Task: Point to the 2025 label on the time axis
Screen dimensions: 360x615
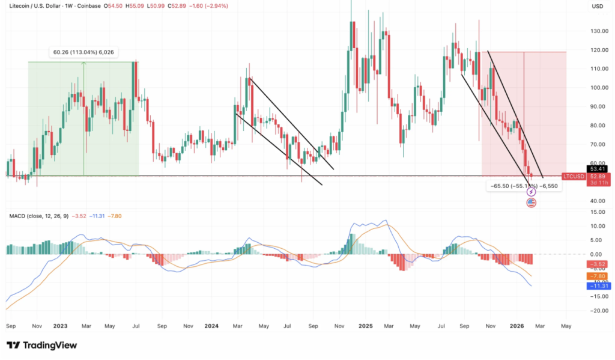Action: click(366, 326)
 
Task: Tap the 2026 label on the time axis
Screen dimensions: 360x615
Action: click(518, 326)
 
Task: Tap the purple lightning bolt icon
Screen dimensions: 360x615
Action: click(531, 192)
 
